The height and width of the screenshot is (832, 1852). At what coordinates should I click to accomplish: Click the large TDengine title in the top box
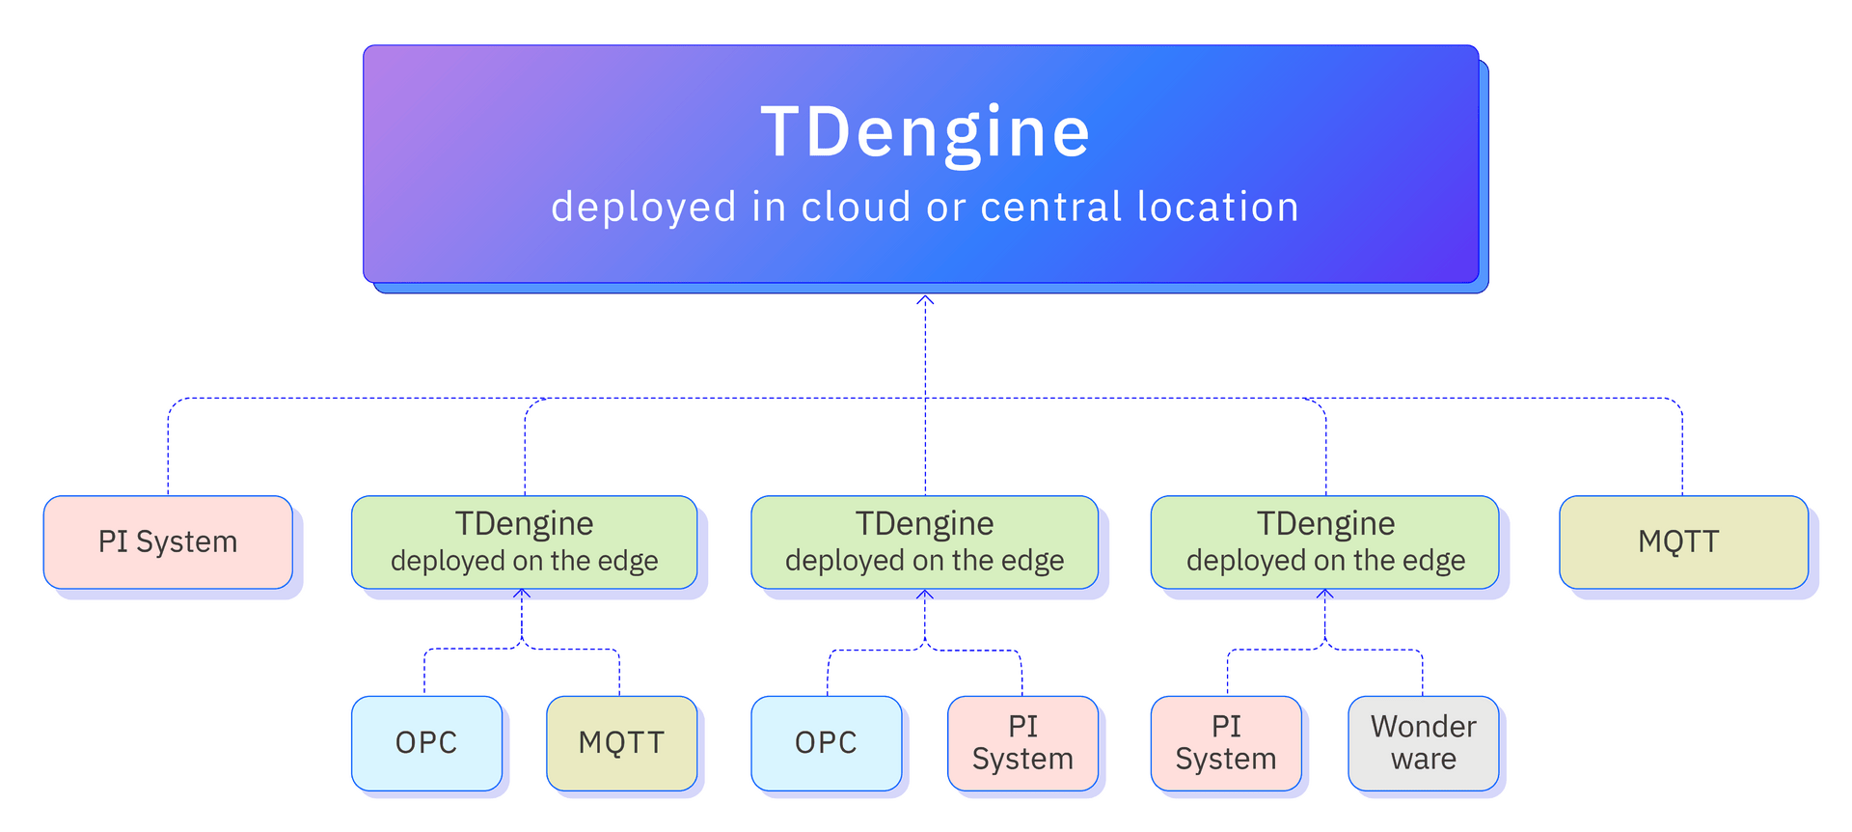[925, 132]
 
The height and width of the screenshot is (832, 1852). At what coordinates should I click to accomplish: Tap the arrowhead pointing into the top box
[925, 301]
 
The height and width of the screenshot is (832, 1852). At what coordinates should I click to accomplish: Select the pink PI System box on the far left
[168, 541]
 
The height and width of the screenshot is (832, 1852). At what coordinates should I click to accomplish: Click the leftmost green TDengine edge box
[524, 541]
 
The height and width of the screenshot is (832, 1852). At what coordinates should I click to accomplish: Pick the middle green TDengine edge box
[924, 541]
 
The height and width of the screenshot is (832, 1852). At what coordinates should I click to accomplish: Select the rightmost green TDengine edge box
[1324, 541]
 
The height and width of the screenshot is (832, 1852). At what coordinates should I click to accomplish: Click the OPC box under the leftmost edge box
[426, 742]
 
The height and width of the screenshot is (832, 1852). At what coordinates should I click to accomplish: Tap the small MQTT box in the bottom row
[621, 742]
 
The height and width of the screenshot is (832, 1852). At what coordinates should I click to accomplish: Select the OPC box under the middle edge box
[826, 742]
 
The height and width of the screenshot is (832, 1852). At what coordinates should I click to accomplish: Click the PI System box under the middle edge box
[1022, 742]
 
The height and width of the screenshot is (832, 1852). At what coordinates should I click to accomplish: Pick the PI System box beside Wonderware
[1225, 742]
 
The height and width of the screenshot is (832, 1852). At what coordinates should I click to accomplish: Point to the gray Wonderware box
[1423, 742]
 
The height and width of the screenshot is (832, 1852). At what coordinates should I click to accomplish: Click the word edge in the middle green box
[1032, 562]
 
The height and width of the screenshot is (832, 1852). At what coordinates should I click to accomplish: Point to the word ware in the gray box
[1424, 760]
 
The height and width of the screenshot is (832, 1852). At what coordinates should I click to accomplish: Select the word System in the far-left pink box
[186, 542]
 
